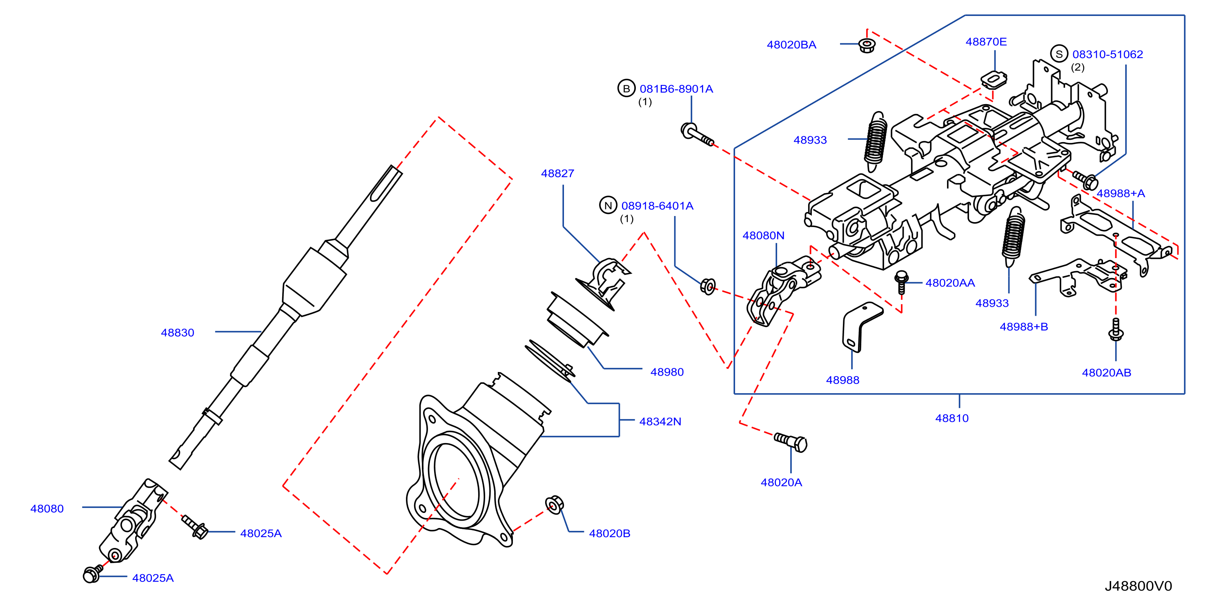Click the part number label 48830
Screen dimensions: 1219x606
coord(178,332)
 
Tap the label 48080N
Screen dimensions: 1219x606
coord(763,235)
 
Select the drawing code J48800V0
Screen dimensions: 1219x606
coord(1138,586)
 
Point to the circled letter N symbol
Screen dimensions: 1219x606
coord(608,205)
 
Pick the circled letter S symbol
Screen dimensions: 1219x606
coord(1059,54)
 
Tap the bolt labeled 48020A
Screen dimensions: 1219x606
coord(791,442)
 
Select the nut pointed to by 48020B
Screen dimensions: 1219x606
coord(554,504)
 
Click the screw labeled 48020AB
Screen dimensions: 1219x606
coord(1116,329)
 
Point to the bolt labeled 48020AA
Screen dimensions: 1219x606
coord(901,282)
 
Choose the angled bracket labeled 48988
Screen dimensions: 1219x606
coord(861,328)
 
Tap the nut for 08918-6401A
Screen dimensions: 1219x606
coord(707,286)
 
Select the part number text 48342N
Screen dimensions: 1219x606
coord(660,421)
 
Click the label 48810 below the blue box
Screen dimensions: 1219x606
coord(952,418)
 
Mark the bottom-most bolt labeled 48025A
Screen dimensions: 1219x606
coord(93,574)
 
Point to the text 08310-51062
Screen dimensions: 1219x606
coord(1108,54)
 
